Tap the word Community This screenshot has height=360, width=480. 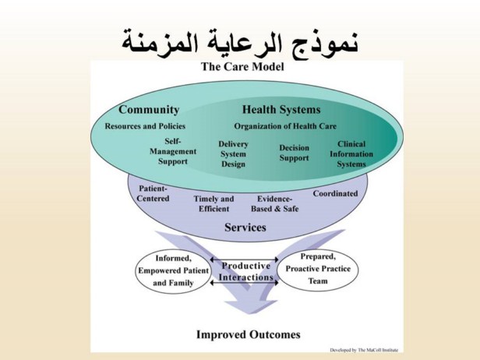coord(149,110)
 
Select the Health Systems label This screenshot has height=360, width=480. coord(281,110)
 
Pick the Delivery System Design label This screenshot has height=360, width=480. coord(233,154)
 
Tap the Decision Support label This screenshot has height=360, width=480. coord(294,153)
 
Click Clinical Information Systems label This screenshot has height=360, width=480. coord(351,154)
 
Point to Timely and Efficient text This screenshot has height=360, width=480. coord(214,203)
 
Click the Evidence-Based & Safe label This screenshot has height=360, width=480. coord(274,203)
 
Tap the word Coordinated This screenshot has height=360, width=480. coord(335,193)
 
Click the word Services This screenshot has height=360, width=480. coord(245,228)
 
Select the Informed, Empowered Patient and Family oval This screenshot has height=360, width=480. coord(172,270)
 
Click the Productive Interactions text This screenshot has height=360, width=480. coord(245,271)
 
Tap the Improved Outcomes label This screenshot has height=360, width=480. coord(247,334)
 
